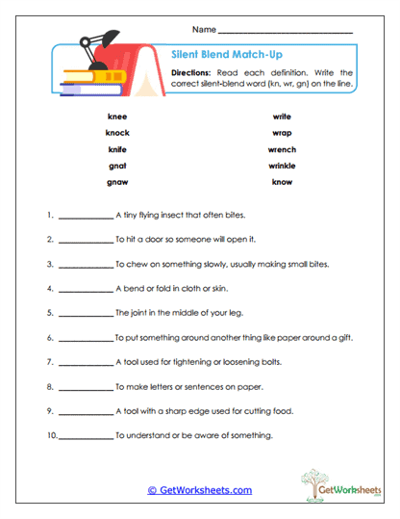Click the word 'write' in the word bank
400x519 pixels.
282,117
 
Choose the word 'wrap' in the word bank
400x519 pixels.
282,133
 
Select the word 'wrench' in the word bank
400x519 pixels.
282,149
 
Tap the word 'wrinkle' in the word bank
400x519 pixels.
282,166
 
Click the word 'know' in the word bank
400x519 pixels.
282,182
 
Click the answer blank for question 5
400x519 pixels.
85,313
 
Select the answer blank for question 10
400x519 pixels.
85,436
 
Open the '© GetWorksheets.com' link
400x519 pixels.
200,489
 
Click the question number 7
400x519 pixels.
49,362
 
